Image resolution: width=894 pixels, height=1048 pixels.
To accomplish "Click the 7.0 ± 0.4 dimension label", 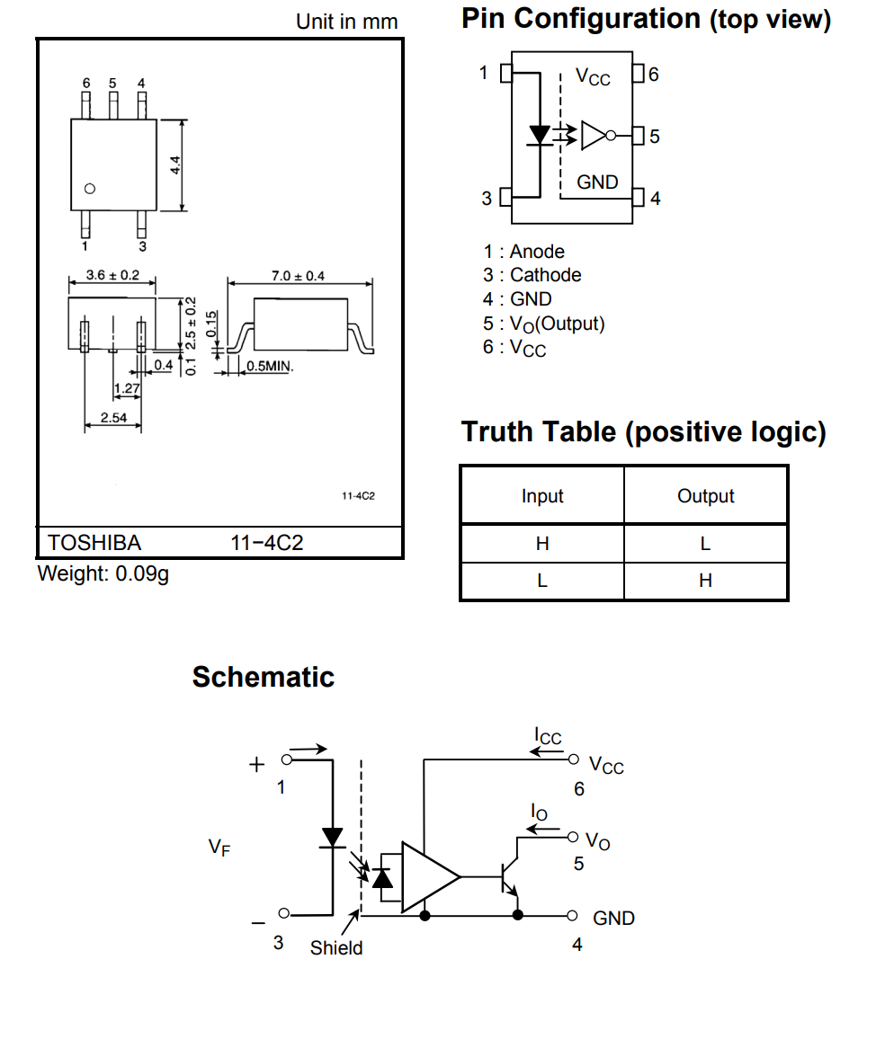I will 298,276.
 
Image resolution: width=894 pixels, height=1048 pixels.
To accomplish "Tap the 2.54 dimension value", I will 113,417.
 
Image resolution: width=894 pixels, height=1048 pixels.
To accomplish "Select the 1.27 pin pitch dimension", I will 127,388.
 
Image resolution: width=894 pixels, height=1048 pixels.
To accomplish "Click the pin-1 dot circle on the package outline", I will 89,189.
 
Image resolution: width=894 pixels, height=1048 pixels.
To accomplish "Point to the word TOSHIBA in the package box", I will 94,543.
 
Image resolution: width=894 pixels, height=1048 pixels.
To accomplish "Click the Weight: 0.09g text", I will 103,573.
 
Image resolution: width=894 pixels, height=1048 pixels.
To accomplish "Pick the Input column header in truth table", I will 542,496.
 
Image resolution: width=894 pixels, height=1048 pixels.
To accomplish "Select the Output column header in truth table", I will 706,496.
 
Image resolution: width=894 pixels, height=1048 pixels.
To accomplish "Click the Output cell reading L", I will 706,543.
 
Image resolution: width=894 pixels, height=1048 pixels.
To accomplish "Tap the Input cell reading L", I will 542,581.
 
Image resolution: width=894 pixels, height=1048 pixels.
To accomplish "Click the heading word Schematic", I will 263,677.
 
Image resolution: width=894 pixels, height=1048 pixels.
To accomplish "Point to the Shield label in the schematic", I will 336,947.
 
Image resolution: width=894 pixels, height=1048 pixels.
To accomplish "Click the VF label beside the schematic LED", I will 219,847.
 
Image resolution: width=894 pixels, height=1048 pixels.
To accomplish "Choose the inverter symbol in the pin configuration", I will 595,135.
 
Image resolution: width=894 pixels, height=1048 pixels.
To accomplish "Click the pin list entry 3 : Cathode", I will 532,275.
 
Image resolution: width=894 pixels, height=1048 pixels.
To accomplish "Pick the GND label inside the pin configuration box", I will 597,182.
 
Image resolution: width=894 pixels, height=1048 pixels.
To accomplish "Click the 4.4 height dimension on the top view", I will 176,165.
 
